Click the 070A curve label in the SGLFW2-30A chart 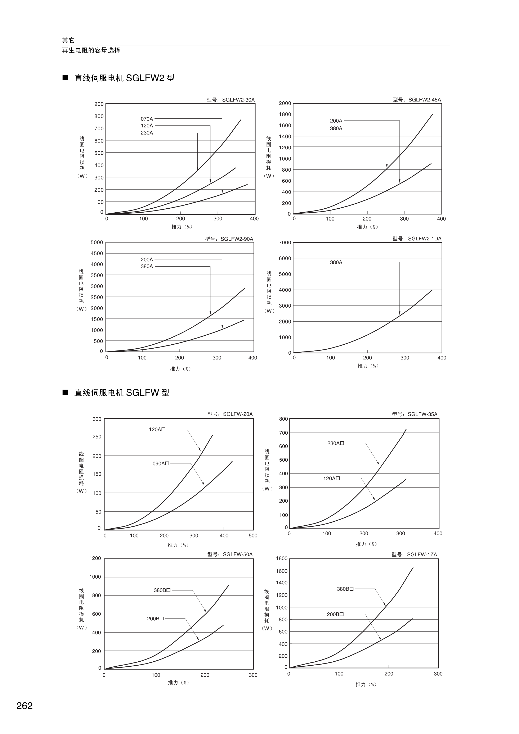click(x=147, y=119)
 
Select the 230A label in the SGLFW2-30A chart click(x=147, y=133)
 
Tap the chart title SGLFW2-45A click(x=417, y=100)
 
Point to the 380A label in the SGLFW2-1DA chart click(x=336, y=262)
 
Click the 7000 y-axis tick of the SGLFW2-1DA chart click(x=285, y=243)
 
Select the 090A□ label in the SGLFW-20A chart click(x=161, y=463)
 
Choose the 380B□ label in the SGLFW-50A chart click(x=162, y=590)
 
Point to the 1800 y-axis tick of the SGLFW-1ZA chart click(x=282, y=558)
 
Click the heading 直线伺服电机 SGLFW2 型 click(x=124, y=78)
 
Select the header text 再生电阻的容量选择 click(x=91, y=50)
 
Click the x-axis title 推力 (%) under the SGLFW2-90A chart click(x=180, y=369)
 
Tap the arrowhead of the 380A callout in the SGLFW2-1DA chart click(x=399, y=313)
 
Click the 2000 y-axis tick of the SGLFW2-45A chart click(x=285, y=103)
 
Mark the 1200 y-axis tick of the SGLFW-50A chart click(x=95, y=558)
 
